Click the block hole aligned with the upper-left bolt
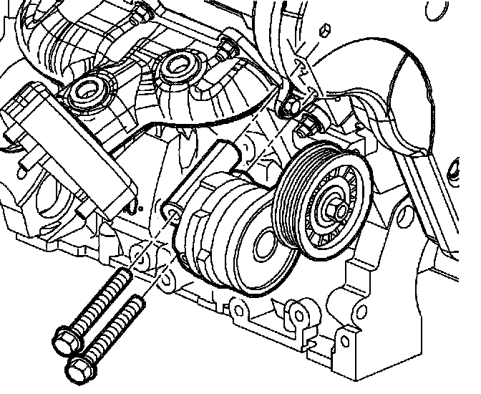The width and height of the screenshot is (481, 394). click(x=137, y=252)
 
